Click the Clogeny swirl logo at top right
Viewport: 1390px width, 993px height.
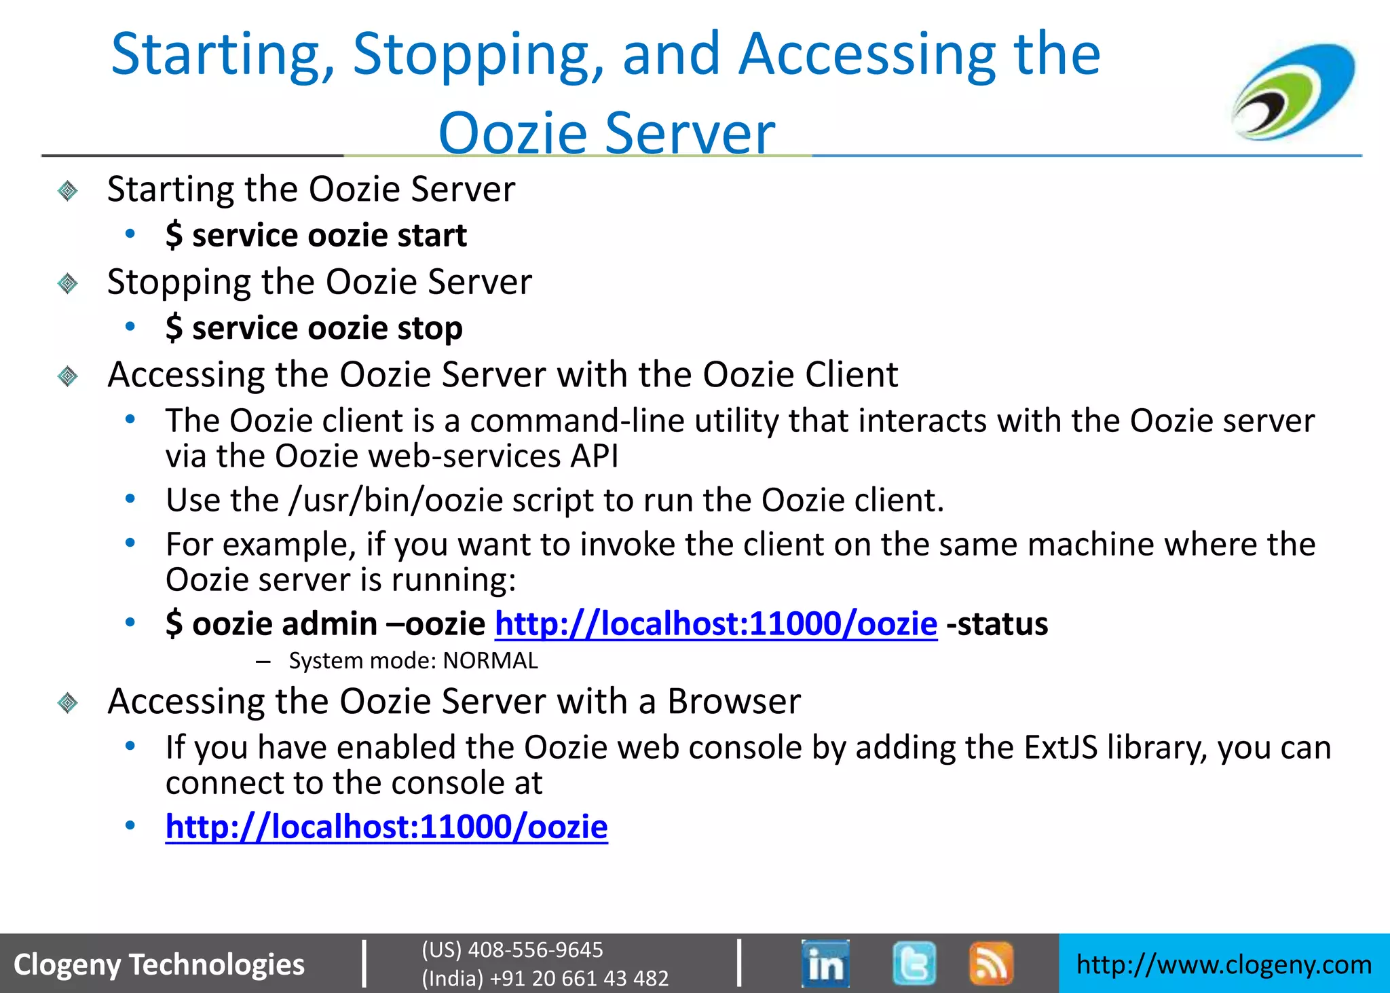click(1293, 92)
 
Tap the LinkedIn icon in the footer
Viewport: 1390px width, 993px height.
click(825, 963)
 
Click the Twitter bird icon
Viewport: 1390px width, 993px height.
click(914, 963)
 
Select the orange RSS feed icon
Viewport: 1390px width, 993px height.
click(991, 963)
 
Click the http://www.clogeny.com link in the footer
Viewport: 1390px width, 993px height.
click(1224, 964)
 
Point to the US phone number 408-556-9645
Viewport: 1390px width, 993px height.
click(512, 950)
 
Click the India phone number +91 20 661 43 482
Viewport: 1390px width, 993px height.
click(545, 978)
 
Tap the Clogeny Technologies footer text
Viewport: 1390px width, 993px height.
click(159, 964)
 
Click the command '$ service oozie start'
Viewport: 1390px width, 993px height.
click(316, 236)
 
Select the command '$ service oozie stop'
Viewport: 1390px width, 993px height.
click(314, 329)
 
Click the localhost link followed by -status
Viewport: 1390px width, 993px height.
click(716, 624)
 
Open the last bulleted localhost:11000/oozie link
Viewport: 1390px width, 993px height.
click(386, 827)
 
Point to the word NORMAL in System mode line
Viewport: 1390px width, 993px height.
click(491, 661)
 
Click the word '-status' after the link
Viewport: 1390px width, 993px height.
click(997, 624)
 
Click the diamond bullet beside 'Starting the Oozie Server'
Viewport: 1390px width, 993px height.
click(68, 191)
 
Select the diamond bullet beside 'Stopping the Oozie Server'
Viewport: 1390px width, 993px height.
click(68, 283)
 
